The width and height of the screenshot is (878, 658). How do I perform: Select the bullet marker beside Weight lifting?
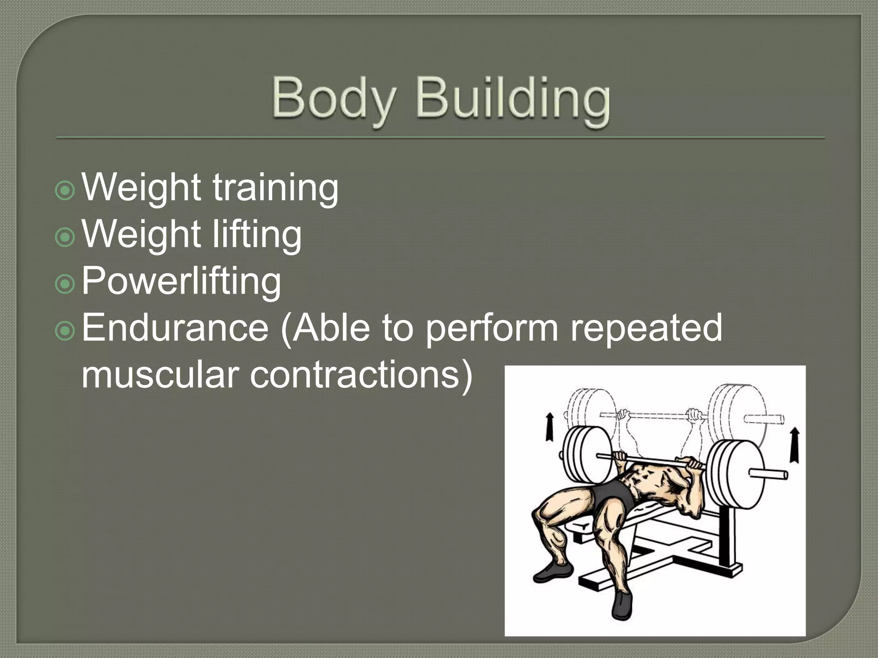pyautogui.click(x=65, y=237)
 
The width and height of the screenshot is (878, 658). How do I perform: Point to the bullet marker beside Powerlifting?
pyautogui.click(x=65, y=284)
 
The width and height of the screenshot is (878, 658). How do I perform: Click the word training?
pyautogui.click(x=275, y=189)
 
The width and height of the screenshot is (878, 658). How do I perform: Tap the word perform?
pyautogui.click(x=492, y=329)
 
